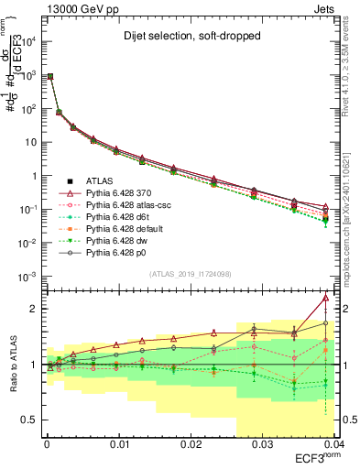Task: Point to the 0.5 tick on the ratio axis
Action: point(28,420)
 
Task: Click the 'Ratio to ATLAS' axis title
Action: point(11,365)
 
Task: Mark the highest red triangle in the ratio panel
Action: point(326,298)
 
